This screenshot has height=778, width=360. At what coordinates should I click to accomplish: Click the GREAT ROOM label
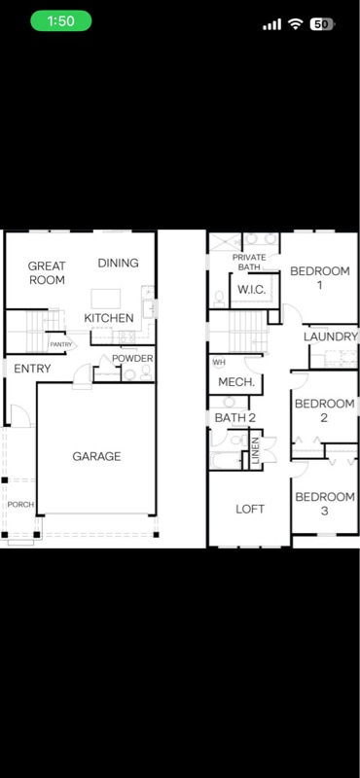pos(46,272)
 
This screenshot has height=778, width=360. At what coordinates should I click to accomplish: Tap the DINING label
pos(118,263)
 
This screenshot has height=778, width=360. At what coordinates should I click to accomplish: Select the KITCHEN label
pos(108,318)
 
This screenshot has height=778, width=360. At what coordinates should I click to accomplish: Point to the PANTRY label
pos(61,344)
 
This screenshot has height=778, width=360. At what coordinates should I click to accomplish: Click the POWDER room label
pos(132,358)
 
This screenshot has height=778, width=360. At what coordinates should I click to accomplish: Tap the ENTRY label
pos(32,369)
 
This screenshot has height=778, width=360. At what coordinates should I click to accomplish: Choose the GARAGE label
pos(96,456)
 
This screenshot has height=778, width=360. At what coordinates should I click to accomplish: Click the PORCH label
pos(20,505)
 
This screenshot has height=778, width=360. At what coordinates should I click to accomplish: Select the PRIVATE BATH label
pos(248,262)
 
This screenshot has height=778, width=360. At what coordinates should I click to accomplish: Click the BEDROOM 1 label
pos(319,278)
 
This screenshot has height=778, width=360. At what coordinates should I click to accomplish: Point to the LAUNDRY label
pos(330,336)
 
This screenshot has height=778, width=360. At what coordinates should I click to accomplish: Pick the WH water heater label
pos(218,362)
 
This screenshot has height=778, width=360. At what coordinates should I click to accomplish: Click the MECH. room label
pos(235,382)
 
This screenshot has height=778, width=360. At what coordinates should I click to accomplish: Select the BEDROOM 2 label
pos(324,410)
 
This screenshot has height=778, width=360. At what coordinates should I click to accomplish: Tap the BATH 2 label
pos(235,417)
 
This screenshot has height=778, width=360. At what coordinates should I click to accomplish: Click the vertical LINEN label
pos(256,452)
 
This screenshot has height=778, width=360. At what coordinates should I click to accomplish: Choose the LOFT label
pos(250,509)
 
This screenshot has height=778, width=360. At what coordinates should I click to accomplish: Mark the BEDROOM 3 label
pos(324,504)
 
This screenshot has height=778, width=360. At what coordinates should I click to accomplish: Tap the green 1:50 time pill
pos(60,21)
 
